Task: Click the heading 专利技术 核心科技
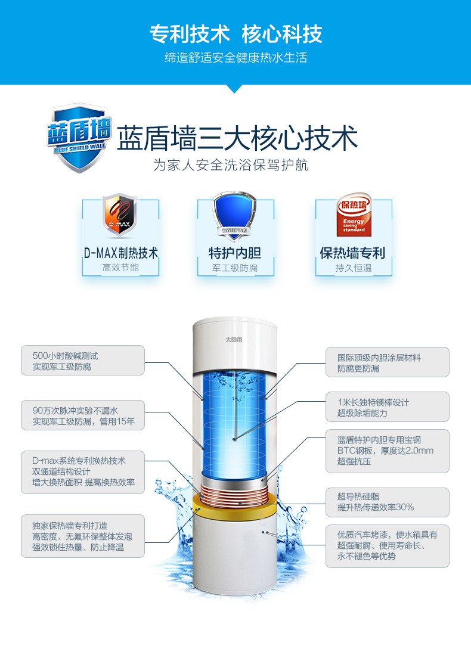click(235, 34)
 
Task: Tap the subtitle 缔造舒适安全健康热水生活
click(235, 58)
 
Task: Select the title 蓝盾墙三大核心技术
click(237, 138)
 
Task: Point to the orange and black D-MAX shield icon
click(120, 216)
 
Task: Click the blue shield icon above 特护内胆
click(234, 216)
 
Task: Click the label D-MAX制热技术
click(120, 253)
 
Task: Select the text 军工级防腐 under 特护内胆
click(235, 268)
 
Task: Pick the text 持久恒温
click(353, 268)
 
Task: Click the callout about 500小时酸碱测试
click(83, 361)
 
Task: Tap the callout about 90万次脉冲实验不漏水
click(83, 415)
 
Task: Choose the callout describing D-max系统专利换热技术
click(83, 471)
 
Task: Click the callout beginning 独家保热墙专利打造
click(83, 536)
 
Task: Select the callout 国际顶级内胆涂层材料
click(388, 362)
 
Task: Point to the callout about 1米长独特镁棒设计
click(388, 407)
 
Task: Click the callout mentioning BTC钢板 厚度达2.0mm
click(388, 451)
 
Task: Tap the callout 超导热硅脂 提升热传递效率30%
click(388, 501)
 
